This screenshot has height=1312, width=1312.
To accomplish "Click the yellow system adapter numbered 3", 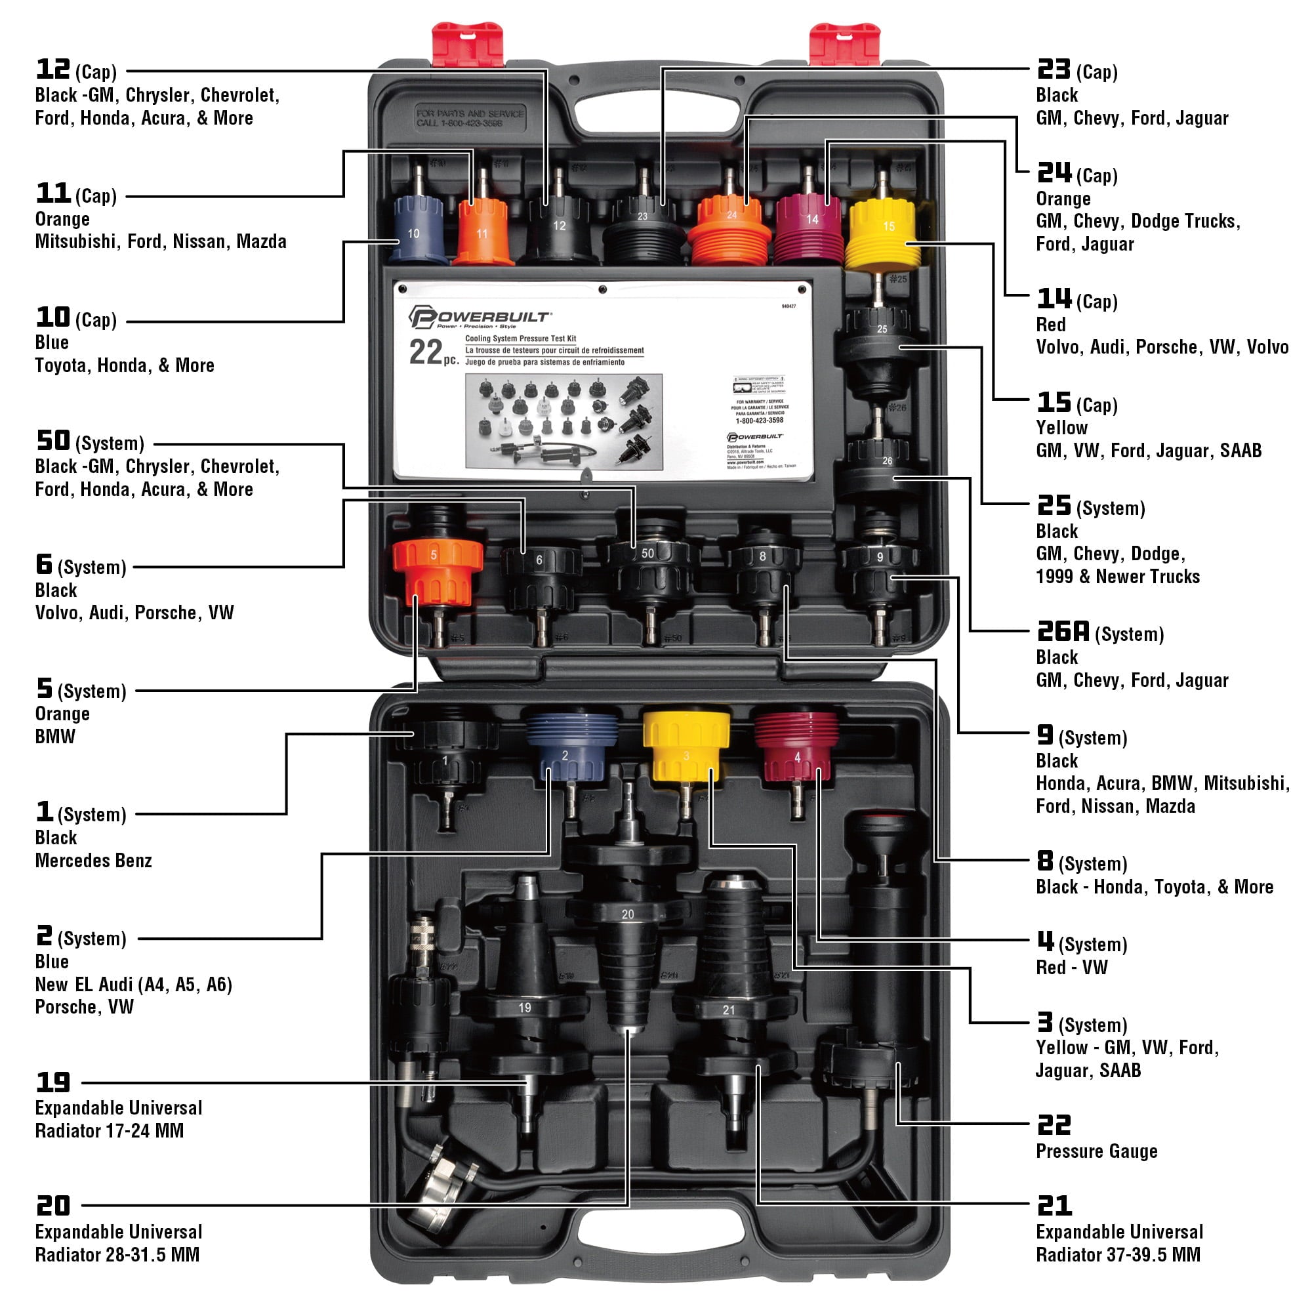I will pos(686,747).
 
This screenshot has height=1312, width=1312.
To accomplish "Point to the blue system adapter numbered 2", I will pos(571,747).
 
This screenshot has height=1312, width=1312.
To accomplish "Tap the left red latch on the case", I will pos(468,44).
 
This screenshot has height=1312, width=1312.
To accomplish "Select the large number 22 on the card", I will pos(426,352).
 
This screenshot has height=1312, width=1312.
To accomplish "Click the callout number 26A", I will pos(1063,632).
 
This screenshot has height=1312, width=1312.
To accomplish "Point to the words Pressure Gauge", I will pos(1096,1151).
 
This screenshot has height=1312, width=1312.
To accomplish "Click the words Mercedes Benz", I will pos(94,861).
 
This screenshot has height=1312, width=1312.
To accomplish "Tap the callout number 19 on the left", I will pos(53,1082).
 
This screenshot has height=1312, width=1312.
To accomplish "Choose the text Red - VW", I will pos(1071,967).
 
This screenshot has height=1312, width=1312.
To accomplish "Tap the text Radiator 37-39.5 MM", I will pos(1118,1254).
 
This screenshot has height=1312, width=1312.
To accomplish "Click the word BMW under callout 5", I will pos(55,736).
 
